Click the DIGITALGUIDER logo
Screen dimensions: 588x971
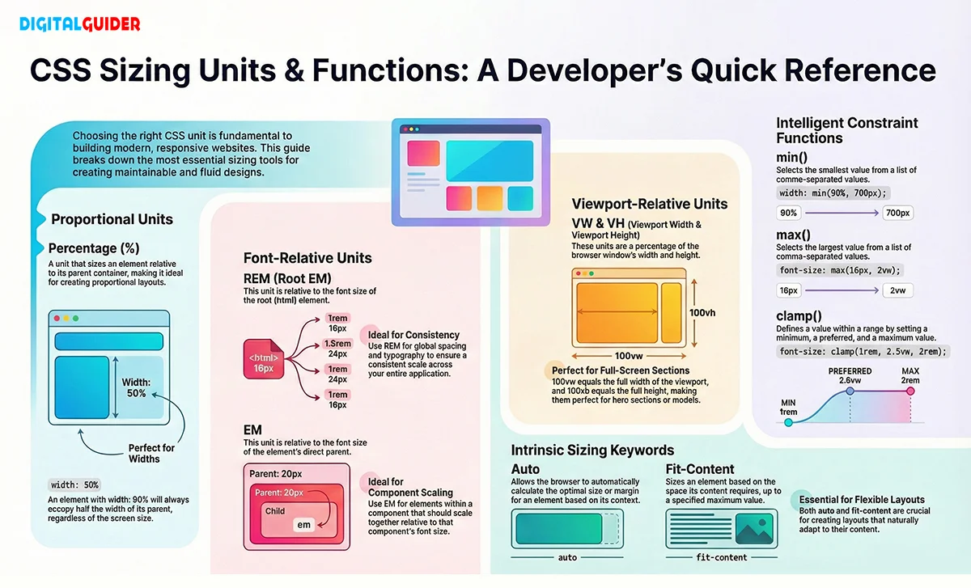[x=79, y=23]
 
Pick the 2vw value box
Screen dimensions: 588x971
[x=897, y=290]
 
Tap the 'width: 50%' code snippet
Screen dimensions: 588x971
[x=74, y=485]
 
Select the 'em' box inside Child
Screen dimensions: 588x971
[x=304, y=525]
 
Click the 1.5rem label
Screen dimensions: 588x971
[x=337, y=344]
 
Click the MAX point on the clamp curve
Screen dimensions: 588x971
[x=910, y=391]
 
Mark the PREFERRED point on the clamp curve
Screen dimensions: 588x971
[x=850, y=391]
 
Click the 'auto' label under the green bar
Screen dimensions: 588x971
[x=567, y=557]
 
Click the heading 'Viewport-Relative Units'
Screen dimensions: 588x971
[x=650, y=204]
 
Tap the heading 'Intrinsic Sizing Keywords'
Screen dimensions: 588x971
[x=592, y=450]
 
